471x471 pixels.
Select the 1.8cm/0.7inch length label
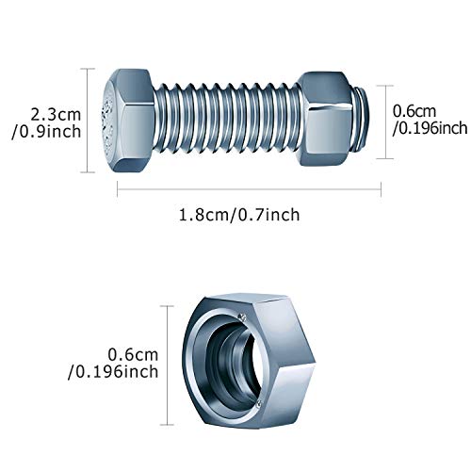pos(240,214)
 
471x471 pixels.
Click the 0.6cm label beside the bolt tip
pos(414,110)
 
